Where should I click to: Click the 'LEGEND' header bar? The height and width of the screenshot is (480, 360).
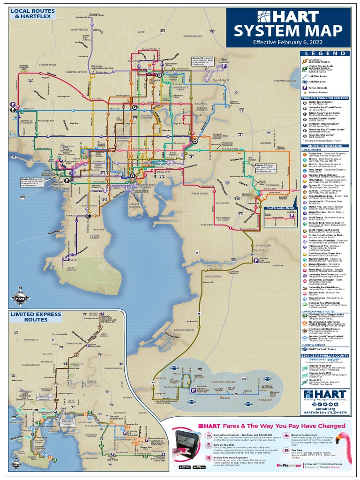324,53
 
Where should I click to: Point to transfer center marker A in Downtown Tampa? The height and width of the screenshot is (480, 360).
133,176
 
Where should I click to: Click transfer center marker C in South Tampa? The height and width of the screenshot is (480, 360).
88,216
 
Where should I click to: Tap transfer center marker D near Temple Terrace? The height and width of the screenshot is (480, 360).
195,142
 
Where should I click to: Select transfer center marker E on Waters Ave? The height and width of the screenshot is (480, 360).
13,110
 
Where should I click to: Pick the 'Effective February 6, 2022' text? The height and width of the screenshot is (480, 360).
287,42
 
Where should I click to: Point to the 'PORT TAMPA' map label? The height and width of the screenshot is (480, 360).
71,269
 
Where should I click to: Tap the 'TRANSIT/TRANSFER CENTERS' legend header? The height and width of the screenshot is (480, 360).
325,98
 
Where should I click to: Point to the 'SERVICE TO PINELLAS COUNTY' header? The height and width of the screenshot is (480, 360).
325,355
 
